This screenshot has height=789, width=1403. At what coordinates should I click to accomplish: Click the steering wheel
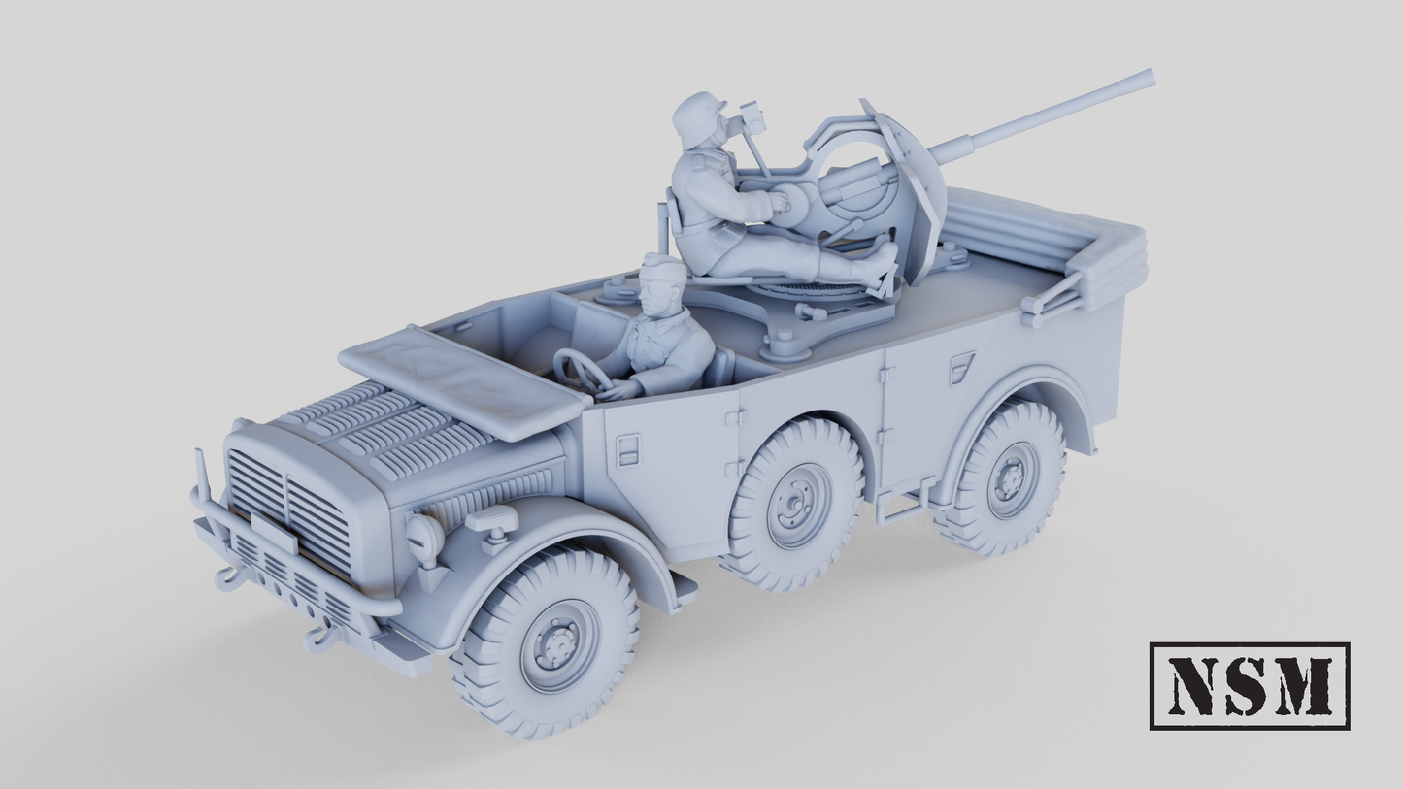(581, 373)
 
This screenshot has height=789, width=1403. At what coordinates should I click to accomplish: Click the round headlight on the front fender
(424, 537)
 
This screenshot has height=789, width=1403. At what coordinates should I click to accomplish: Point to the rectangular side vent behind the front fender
(628, 448)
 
